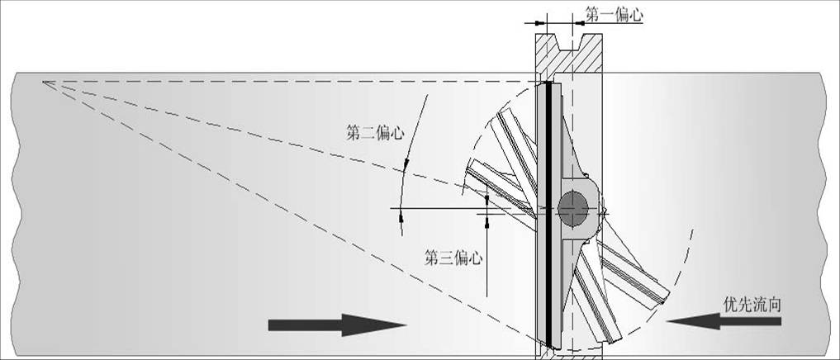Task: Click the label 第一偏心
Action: point(614,15)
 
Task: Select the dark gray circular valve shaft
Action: point(572,208)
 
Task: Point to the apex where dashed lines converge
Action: point(44,81)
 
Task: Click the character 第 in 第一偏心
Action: point(592,15)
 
